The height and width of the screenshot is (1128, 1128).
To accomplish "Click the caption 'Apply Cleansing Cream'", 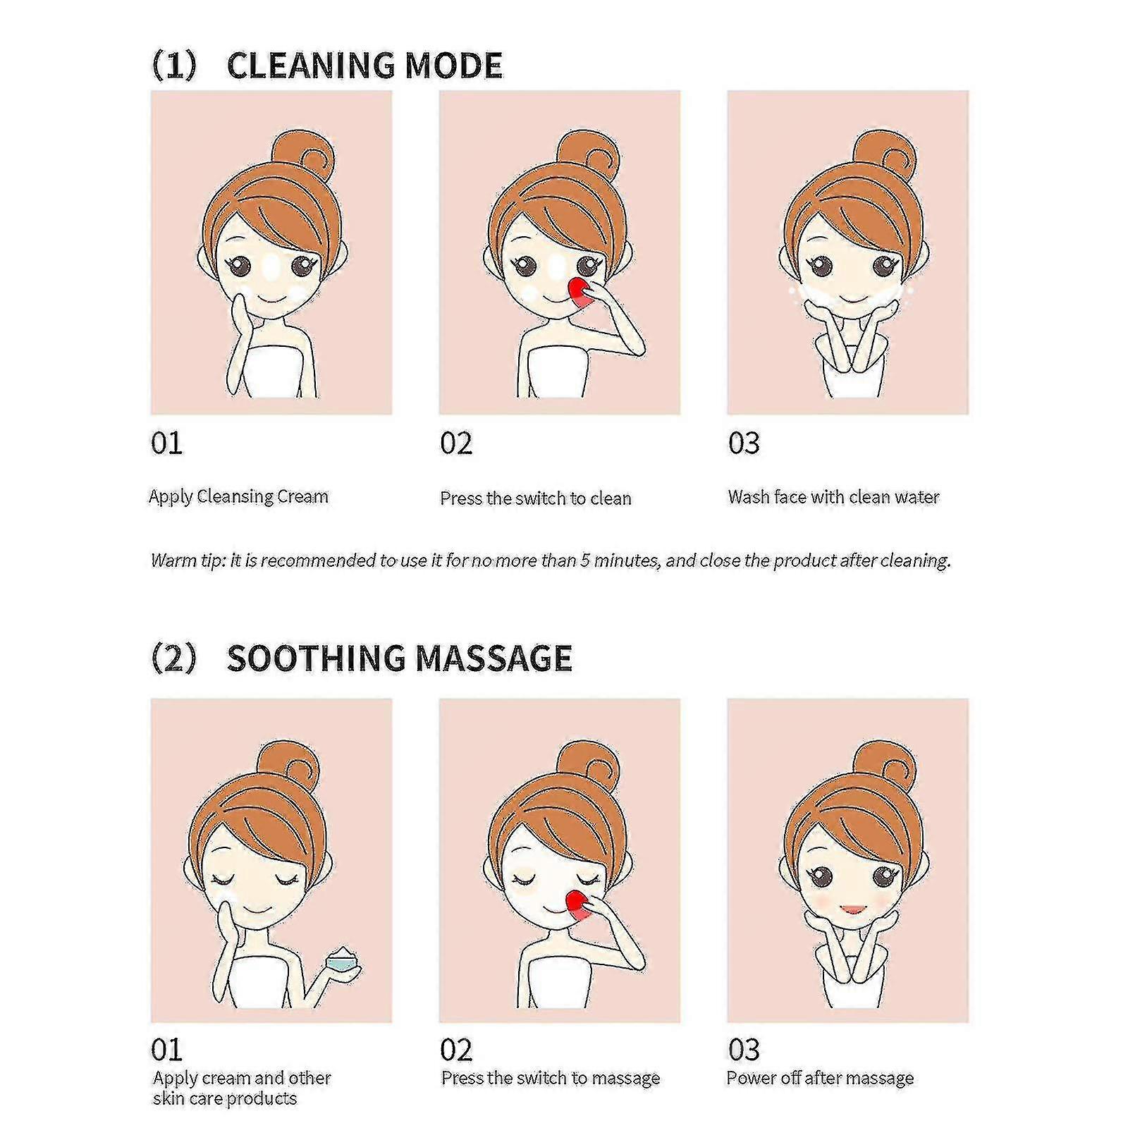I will pyautogui.click(x=238, y=496).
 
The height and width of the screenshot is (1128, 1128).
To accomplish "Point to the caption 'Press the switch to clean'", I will pyautogui.click(x=535, y=498).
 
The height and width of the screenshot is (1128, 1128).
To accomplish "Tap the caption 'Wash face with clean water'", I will pyautogui.click(x=833, y=497).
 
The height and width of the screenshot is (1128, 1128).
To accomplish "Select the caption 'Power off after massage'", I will pyautogui.click(x=820, y=1078).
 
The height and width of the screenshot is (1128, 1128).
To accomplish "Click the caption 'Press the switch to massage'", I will pyautogui.click(x=550, y=1078).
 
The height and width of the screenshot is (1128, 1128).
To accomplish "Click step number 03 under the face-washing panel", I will pyautogui.click(x=744, y=443).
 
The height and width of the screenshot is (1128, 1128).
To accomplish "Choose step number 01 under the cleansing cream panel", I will pyautogui.click(x=166, y=443).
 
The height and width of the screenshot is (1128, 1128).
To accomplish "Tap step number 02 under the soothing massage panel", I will pyautogui.click(x=455, y=1050).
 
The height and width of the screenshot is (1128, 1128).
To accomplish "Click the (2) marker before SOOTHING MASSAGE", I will pyautogui.click(x=173, y=658).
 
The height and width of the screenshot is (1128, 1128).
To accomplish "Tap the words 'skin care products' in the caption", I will pyautogui.click(x=224, y=1098).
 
